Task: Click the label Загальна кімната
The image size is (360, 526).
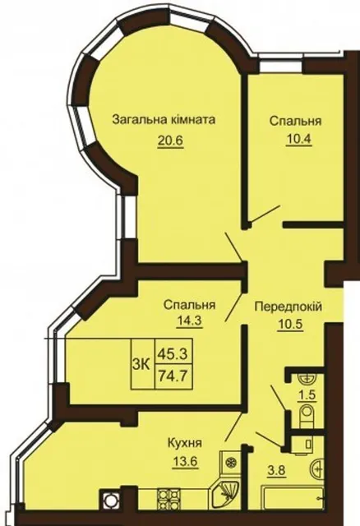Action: point(164,120)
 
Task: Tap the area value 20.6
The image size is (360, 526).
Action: point(170,140)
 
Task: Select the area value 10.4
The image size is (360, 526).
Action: point(299,139)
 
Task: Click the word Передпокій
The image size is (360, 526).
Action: point(288,307)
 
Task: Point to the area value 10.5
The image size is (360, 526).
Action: point(290,325)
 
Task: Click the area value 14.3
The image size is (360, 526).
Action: point(189,321)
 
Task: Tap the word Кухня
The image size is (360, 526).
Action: point(185,443)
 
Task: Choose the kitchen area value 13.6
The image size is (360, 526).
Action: point(185,462)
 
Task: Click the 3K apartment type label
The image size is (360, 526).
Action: point(141,363)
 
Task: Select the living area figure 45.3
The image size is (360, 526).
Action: point(173,353)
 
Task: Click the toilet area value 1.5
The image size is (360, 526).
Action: point(307,394)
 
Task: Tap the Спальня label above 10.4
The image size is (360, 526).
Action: point(295,121)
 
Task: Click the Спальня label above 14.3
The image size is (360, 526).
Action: point(190,305)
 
